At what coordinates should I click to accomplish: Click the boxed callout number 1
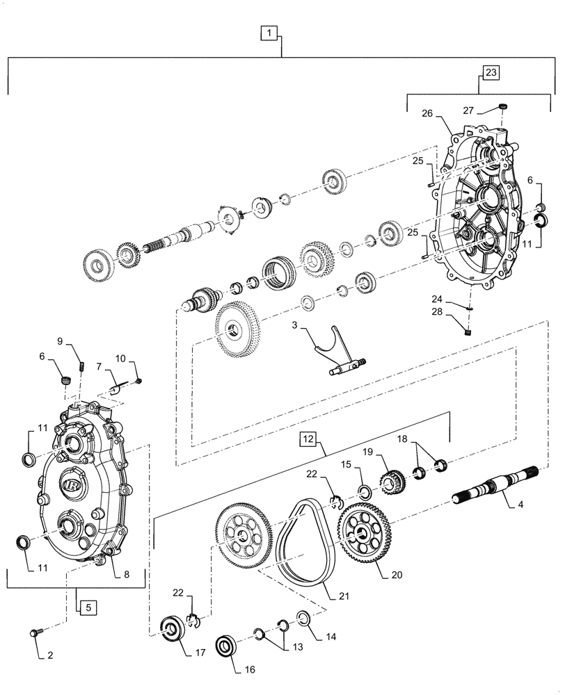point(270,31)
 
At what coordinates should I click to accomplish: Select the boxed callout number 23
point(491,72)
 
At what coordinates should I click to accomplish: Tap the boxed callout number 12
point(309,439)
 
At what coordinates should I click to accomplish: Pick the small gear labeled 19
point(392,480)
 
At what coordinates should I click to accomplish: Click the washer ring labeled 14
point(303,617)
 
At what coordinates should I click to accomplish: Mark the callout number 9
point(60,341)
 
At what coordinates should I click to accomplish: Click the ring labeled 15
point(363,493)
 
